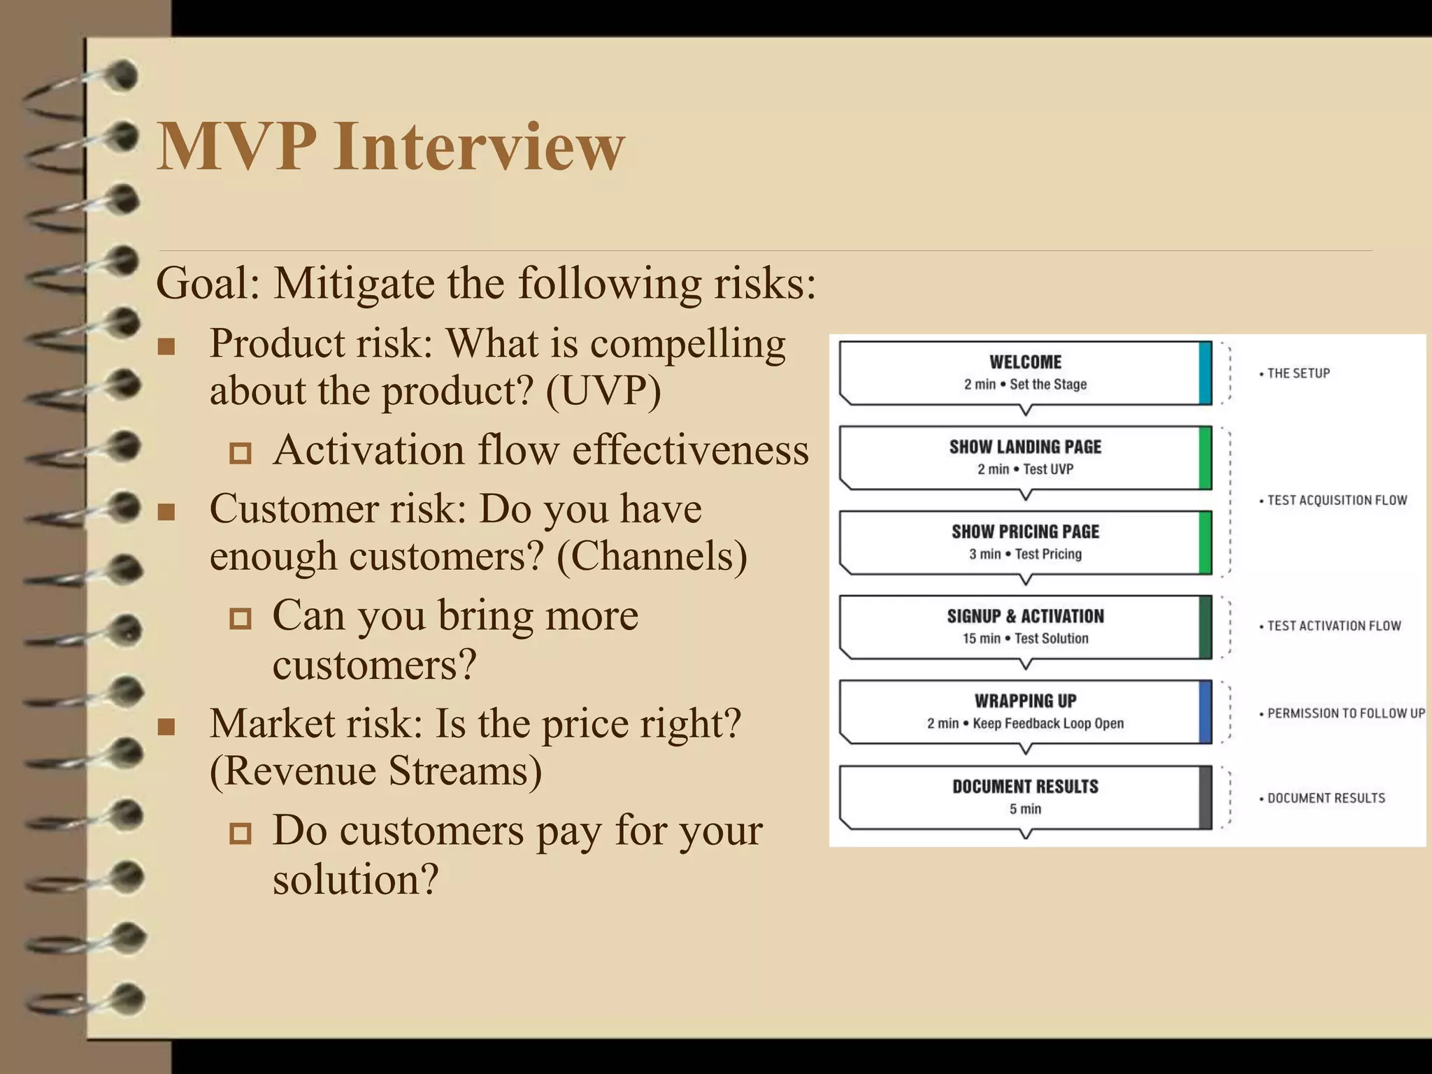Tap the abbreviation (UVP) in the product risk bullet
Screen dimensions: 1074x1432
pyautogui.click(x=603, y=390)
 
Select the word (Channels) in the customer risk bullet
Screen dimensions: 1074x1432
pyautogui.click(x=652, y=557)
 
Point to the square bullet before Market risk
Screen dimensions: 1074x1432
pyautogui.click(x=166, y=726)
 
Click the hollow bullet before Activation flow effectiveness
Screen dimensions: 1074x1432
pyautogui.click(x=241, y=453)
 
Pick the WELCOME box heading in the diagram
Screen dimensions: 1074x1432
pyautogui.click(x=1025, y=362)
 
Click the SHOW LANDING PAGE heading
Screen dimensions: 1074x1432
pyautogui.click(x=1025, y=447)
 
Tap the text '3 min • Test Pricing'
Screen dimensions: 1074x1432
pyautogui.click(x=1025, y=554)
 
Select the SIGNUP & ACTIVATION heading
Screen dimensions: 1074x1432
pyautogui.click(x=1025, y=616)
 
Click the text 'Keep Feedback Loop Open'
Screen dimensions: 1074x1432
pyautogui.click(x=1047, y=723)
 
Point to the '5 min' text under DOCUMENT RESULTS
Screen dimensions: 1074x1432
pyautogui.click(x=1025, y=809)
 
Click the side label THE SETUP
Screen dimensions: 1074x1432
pyautogui.click(x=1298, y=373)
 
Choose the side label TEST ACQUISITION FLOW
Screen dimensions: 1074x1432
pyautogui.click(x=1336, y=500)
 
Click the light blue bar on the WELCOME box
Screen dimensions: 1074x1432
pyautogui.click(x=1205, y=373)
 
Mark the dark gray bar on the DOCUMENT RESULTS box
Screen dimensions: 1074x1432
pyautogui.click(x=1205, y=797)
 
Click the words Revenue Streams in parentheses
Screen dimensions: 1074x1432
pyautogui.click(x=376, y=771)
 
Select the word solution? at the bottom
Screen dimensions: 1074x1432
pyautogui.click(x=355, y=880)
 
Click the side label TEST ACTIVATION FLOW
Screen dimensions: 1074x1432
pyautogui.click(x=1333, y=626)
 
